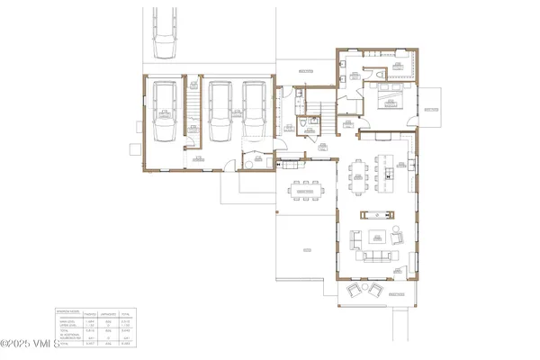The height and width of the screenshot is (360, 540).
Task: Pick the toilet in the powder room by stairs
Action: pos(297,93)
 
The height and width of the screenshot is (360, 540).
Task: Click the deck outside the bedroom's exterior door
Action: pos(428,106)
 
